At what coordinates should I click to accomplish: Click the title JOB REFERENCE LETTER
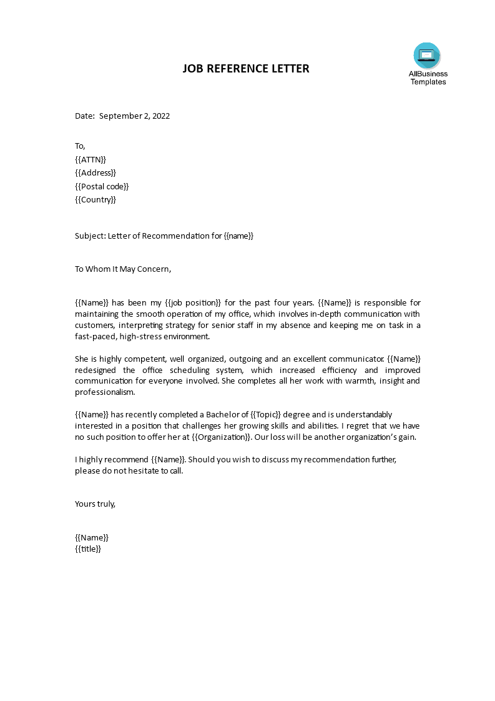click(x=245, y=69)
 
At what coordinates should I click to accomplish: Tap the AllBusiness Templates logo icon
click(x=427, y=55)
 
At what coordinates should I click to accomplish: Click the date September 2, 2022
click(x=134, y=116)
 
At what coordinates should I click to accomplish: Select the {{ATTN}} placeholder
click(x=91, y=159)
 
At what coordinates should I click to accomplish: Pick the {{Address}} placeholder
click(x=95, y=172)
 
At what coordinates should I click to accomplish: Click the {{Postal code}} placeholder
click(x=102, y=186)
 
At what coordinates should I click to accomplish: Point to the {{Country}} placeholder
click(x=96, y=200)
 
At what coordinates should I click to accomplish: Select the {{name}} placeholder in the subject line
click(x=238, y=236)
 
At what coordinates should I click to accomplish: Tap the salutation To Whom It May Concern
click(x=122, y=269)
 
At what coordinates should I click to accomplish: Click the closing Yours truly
click(x=95, y=504)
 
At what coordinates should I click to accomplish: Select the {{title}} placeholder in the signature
click(x=88, y=549)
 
